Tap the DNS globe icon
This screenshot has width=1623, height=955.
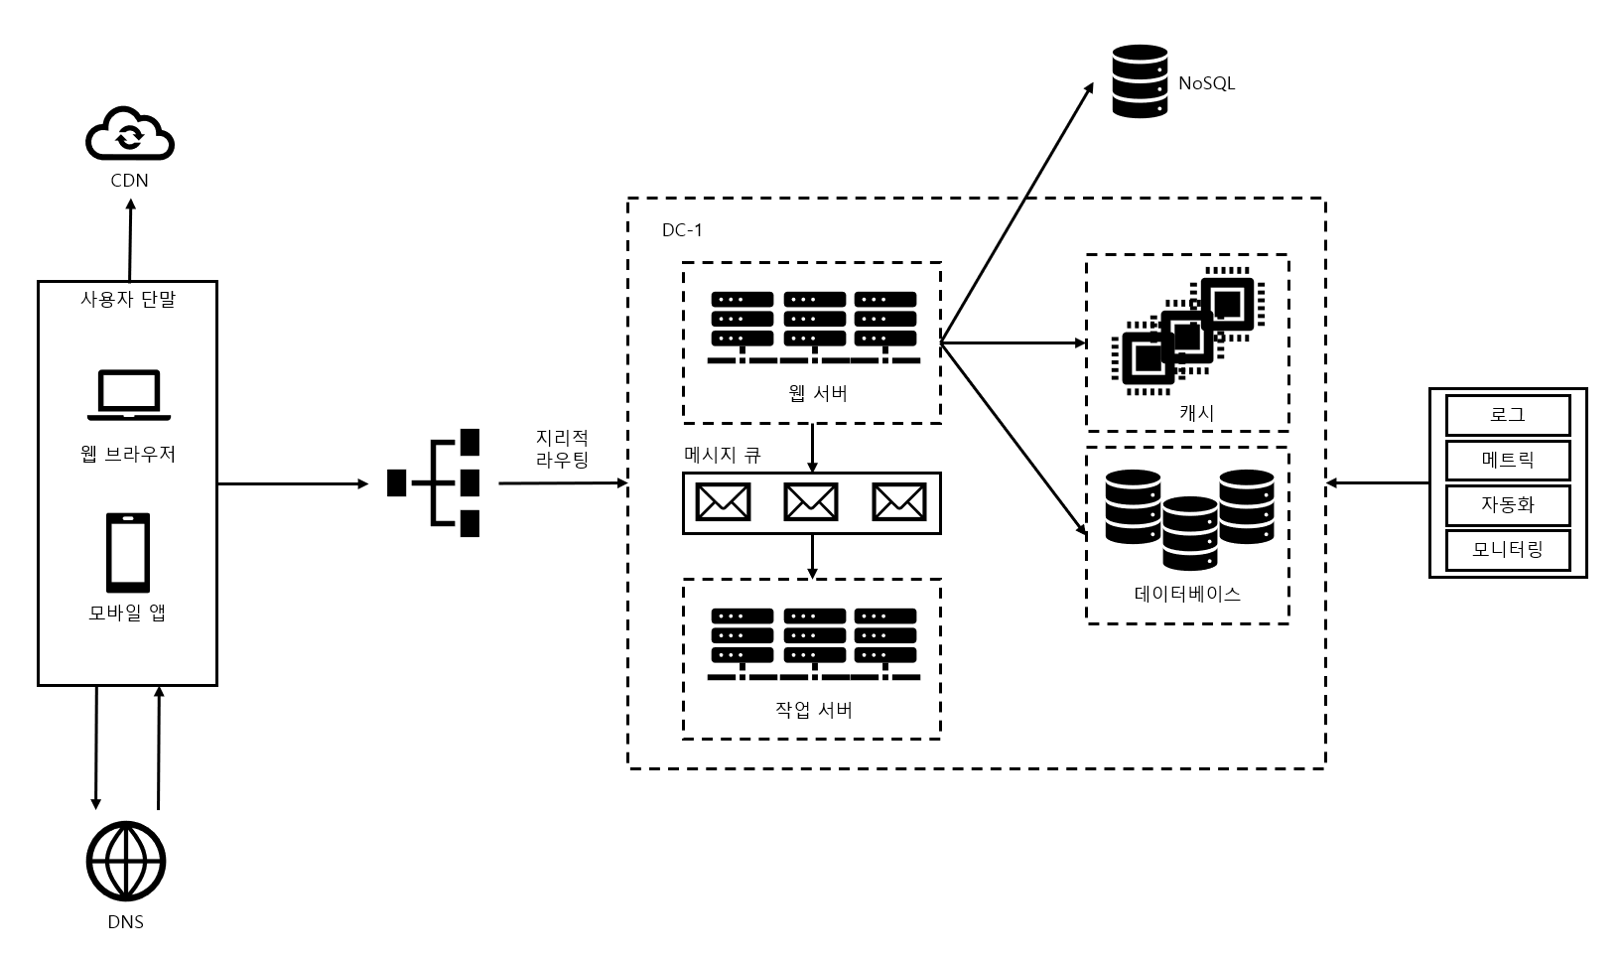click(x=125, y=861)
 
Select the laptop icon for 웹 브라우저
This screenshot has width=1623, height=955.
click(x=127, y=394)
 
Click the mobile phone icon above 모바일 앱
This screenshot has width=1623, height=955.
click(x=128, y=552)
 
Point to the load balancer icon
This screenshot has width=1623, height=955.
click(x=435, y=483)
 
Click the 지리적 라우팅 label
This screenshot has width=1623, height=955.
click(x=562, y=448)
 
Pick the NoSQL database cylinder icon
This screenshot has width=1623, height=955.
click(x=1139, y=81)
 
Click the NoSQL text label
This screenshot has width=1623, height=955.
click(x=1206, y=83)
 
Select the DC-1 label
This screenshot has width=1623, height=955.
click(x=682, y=230)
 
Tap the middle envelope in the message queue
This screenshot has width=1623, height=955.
click(x=811, y=502)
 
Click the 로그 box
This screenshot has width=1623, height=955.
click(x=1507, y=415)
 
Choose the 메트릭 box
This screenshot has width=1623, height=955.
click(x=1507, y=460)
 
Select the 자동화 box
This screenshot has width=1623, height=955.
click(x=1507, y=504)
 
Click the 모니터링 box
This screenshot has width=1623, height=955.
click(x=1507, y=549)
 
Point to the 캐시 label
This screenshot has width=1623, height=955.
click(x=1196, y=412)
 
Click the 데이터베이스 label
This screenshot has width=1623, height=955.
click(x=1187, y=594)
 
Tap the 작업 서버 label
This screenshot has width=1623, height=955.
click(x=812, y=710)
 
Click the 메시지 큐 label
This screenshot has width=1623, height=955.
click(x=722, y=456)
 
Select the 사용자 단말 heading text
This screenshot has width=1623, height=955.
click(x=128, y=298)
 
